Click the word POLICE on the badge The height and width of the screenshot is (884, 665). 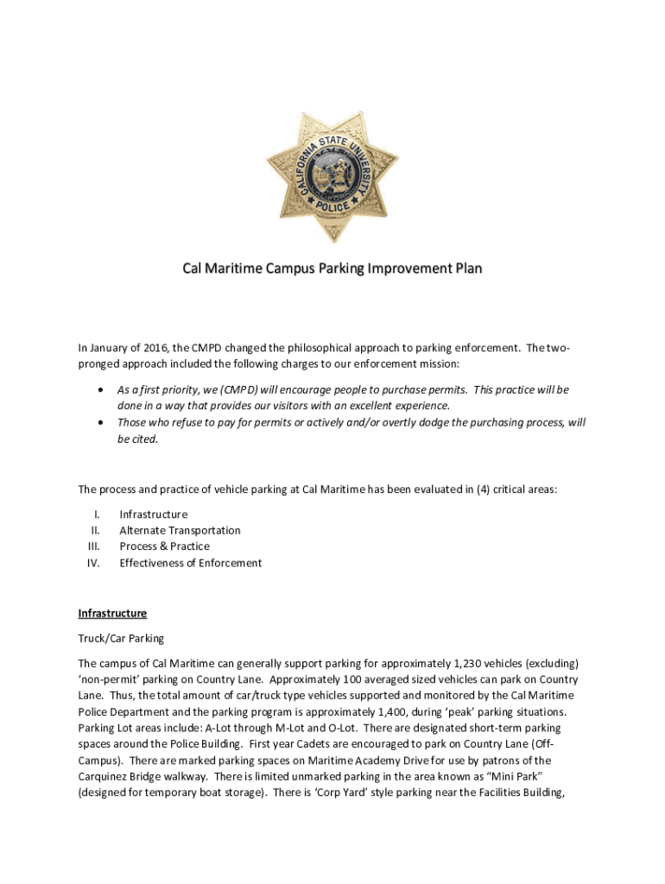tap(332, 208)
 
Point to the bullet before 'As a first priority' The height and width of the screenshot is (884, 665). tap(104, 390)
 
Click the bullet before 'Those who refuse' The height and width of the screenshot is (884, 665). tap(104, 423)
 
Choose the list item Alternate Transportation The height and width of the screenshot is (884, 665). tap(180, 530)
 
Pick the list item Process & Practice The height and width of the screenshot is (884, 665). tap(164, 546)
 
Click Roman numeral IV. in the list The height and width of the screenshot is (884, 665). tap(94, 563)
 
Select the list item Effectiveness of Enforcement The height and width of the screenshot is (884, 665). tap(190, 563)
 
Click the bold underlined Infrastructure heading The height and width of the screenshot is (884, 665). tap(112, 614)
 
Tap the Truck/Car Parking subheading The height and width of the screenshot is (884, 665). tap(121, 639)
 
